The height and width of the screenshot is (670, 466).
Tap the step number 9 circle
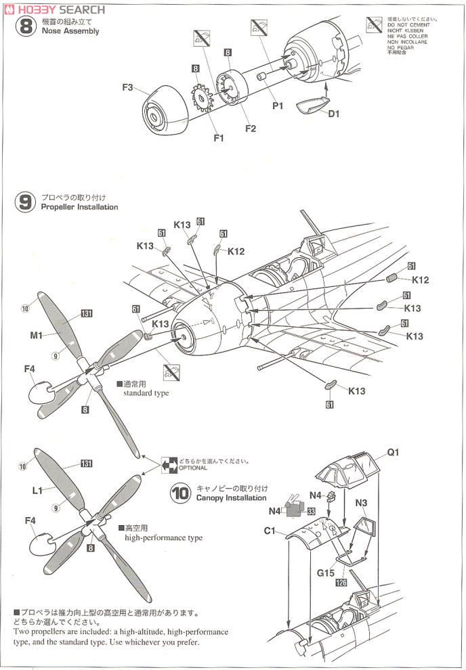[25, 202]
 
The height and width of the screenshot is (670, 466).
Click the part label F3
[129, 87]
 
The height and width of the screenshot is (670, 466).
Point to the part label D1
[333, 114]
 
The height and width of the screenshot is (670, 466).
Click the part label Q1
[394, 453]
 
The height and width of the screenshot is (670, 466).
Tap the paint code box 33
[311, 512]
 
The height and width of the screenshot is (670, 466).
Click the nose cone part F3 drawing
[166, 109]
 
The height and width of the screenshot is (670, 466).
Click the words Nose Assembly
[70, 31]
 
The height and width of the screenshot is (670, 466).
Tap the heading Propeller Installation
[79, 207]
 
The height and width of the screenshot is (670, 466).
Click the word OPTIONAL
[193, 468]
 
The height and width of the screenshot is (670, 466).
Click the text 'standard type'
[146, 393]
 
